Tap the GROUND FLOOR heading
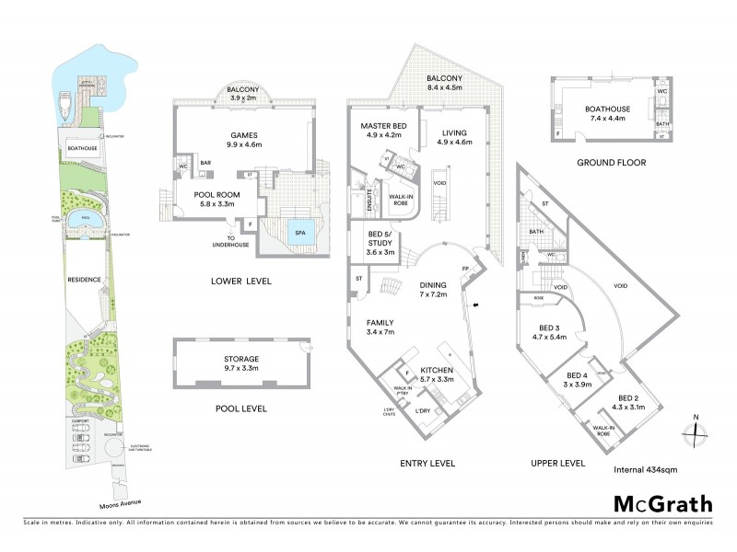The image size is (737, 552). point(611,162)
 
